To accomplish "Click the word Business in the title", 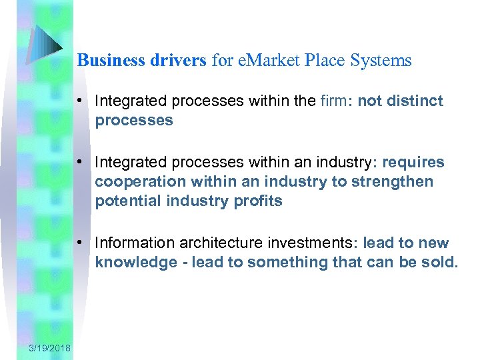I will [x=107, y=61].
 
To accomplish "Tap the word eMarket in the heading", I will [x=263, y=61].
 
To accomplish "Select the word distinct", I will [x=415, y=101].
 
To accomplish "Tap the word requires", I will [x=413, y=163].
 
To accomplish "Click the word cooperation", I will [x=135, y=182].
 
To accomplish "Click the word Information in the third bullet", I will [x=134, y=243].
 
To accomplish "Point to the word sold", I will [x=441, y=263].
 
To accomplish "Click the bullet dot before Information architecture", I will [x=79, y=243].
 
